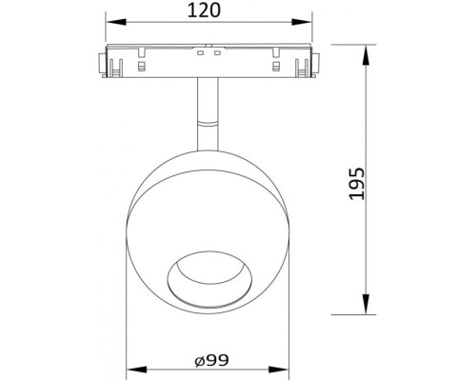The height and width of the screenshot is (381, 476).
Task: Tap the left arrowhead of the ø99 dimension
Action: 132,370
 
